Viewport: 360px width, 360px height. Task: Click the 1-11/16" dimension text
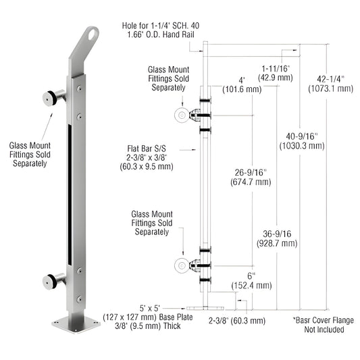click(276, 67)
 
